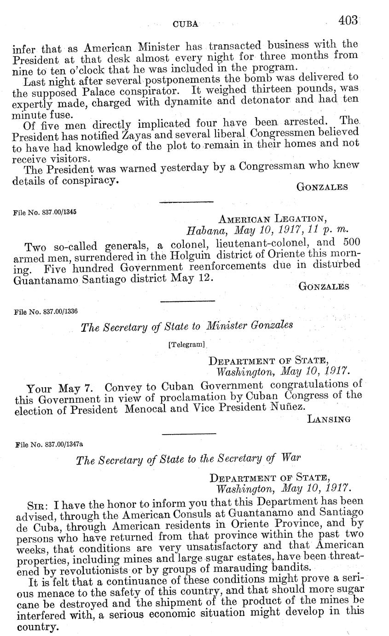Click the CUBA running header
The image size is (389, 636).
point(185,24)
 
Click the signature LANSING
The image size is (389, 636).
point(329,419)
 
